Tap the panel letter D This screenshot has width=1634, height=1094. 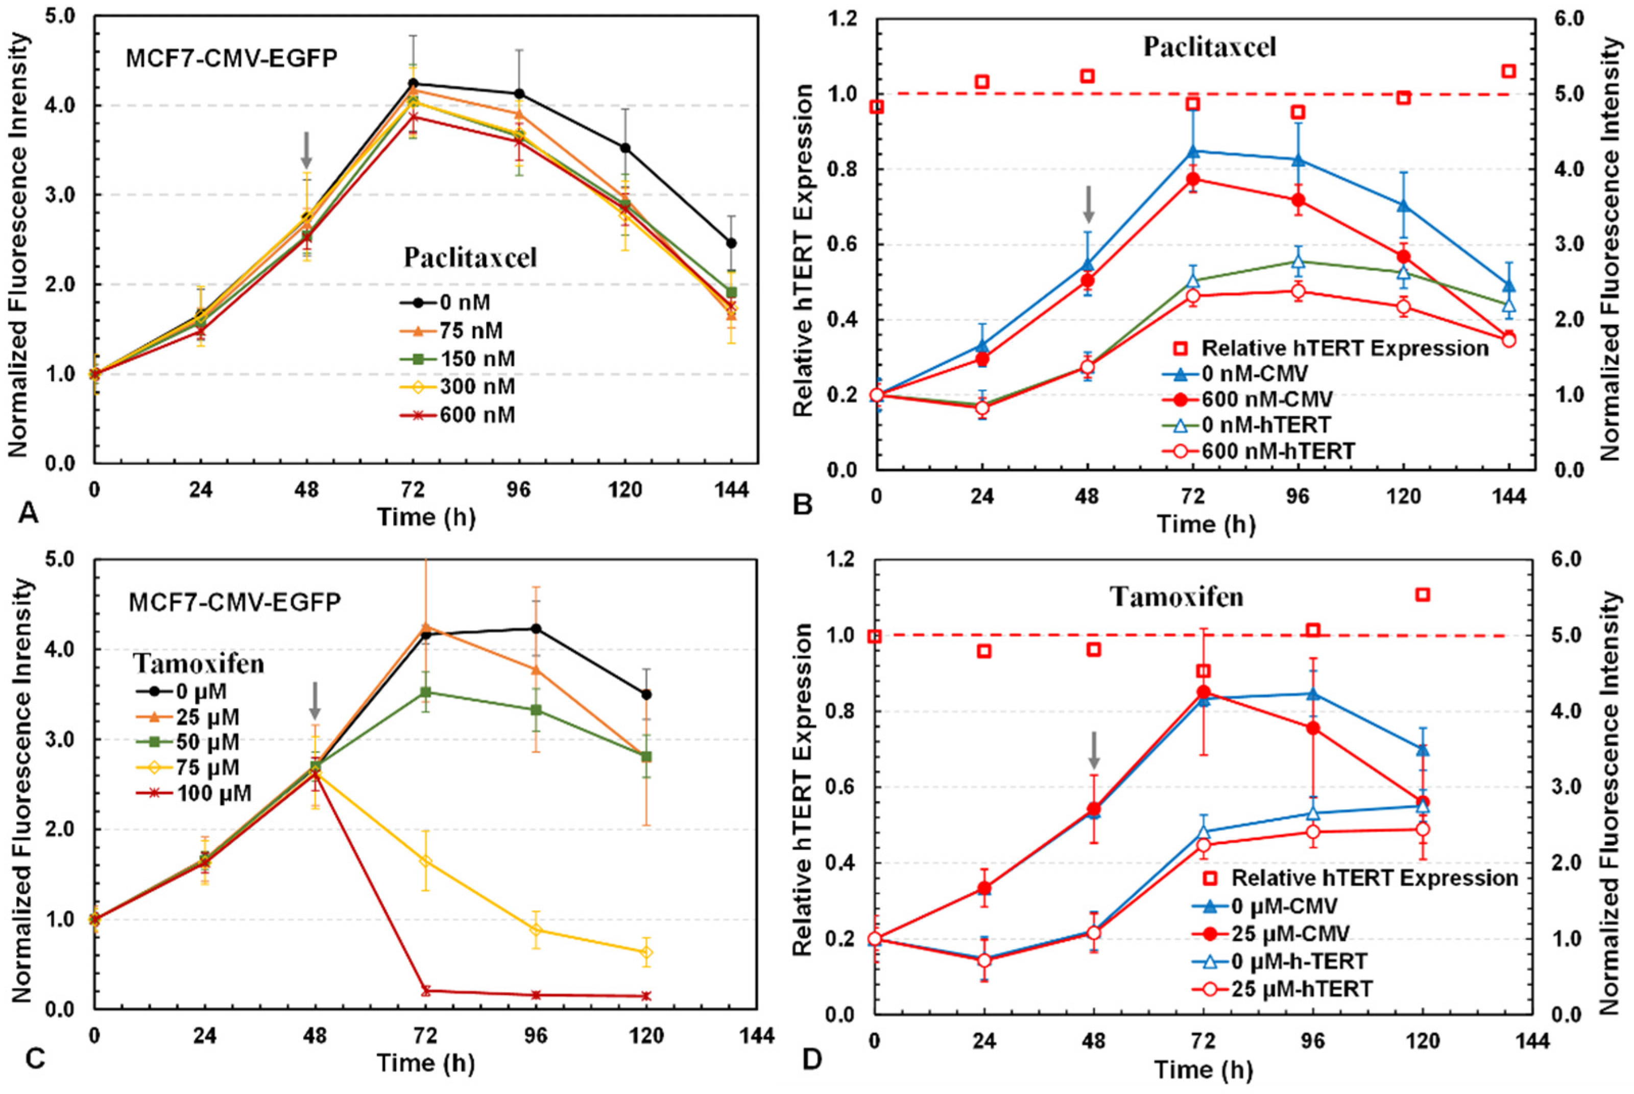pyautogui.click(x=812, y=1060)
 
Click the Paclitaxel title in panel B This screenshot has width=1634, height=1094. pyautogui.click(x=1209, y=47)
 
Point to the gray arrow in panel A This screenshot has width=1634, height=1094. pyautogui.click(x=306, y=148)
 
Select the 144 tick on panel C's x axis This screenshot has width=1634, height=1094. pyautogui.click(x=757, y=1035)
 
